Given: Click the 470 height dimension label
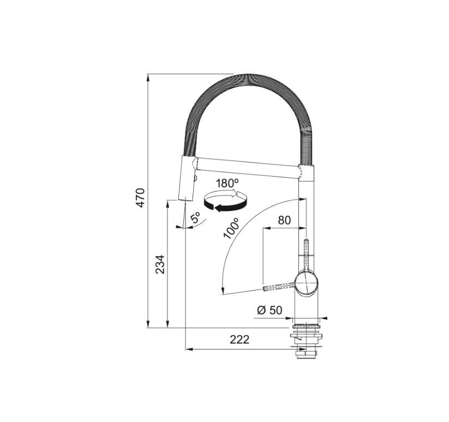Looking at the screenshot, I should coord(140,197).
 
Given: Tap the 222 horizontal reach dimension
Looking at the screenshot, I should coord(239,340).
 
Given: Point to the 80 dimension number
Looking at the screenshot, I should coord(284,220).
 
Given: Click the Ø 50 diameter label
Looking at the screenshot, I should coord(269,310).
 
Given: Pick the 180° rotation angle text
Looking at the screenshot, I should coord(227,183).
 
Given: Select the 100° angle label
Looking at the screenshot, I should coord(231,228).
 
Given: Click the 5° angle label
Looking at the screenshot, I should coord(195,219).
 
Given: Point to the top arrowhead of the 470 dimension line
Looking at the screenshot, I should coord(148,77).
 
